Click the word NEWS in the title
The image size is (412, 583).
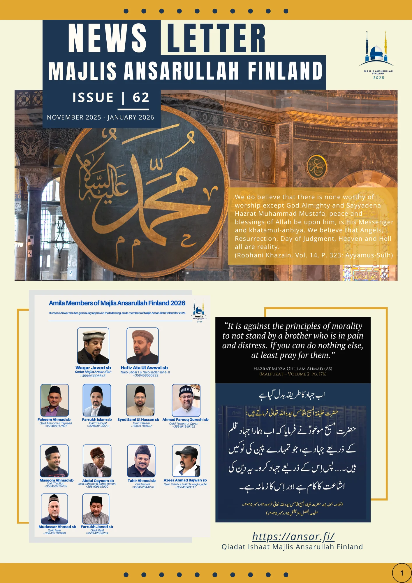click(x=107, y=38)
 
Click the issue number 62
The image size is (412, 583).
click(x=141, y=97)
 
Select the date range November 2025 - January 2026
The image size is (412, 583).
click(x=101, y=117)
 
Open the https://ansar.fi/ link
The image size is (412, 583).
click(x=293, y=536)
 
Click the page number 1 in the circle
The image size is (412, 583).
click(x=402, y=573)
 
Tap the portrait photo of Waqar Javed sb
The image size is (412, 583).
click(x=93, y=346)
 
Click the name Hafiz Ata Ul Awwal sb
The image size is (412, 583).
click(x=144, y=368)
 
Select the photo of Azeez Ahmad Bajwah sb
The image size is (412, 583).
click(x=186, y=461)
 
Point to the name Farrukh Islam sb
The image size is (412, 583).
click(x=97, y=420)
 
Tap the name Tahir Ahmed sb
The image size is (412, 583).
click(x=142, y=481)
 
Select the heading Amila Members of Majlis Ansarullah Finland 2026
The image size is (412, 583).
click(x=117, y=303)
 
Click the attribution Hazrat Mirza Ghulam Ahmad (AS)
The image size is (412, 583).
click(x=293, y=369)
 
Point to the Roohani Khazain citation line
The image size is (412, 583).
click(x=314, y=255)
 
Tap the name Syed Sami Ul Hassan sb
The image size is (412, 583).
click(x=138, y=420)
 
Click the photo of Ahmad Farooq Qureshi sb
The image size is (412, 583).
click(x=186, y=400)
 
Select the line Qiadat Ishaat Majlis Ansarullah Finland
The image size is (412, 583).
click(x=292, y=547)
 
